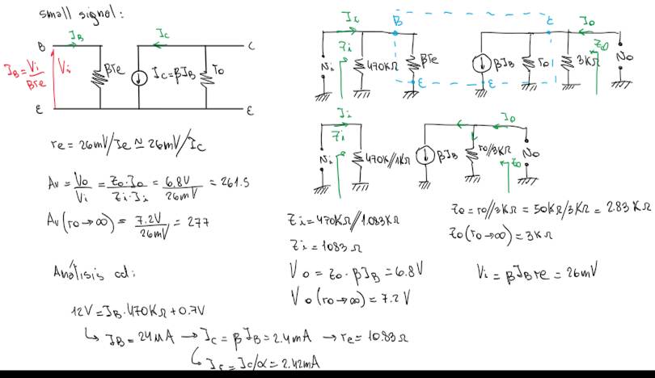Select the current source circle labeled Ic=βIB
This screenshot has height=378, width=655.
pos(139,78)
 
